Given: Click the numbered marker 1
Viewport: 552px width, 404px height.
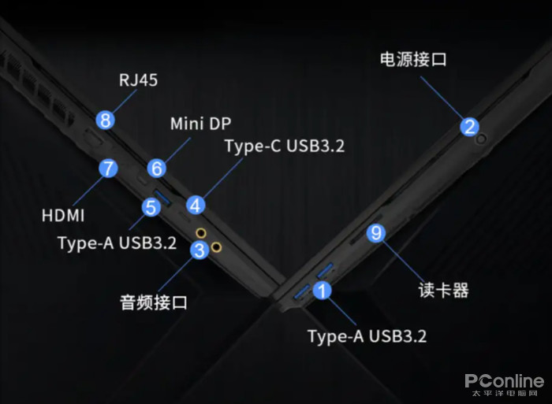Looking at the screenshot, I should coord(322,290).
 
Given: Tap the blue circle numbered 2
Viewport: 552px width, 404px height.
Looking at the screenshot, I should coord(469,126).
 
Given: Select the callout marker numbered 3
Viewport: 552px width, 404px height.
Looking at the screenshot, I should coord(199,250).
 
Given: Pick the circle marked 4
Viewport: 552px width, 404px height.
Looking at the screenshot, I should coord(195,205).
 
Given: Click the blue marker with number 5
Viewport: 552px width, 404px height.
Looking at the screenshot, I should coord(151,207).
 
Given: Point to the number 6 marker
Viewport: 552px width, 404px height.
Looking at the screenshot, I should coord(156,168).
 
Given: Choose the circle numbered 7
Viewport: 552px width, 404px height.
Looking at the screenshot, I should coord(108,168).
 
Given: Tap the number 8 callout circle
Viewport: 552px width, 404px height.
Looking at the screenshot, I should coord(104,120).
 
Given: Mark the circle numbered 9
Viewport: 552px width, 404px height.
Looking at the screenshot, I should coord(376,232).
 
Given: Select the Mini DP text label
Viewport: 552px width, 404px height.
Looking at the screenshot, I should coord(200,124).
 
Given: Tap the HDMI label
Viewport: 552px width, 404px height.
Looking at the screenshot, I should coord(64,214).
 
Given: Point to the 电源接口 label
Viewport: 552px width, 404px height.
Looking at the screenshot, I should coord(413,59).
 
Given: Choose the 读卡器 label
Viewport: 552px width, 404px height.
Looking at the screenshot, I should coord(443,290).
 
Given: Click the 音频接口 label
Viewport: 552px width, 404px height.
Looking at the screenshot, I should coord(154,302).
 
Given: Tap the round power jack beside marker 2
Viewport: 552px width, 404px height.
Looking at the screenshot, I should coord(482,139).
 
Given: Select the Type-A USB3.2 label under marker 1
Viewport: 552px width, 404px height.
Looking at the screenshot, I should coord(367,336).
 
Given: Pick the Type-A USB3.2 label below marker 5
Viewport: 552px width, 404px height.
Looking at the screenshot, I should coord(117,242).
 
